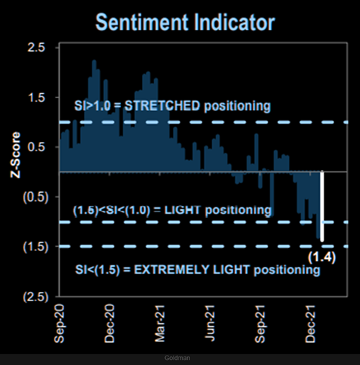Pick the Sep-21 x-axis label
click(262, 325)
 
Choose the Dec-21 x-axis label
click(313, 325)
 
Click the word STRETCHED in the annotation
click(162, 106)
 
